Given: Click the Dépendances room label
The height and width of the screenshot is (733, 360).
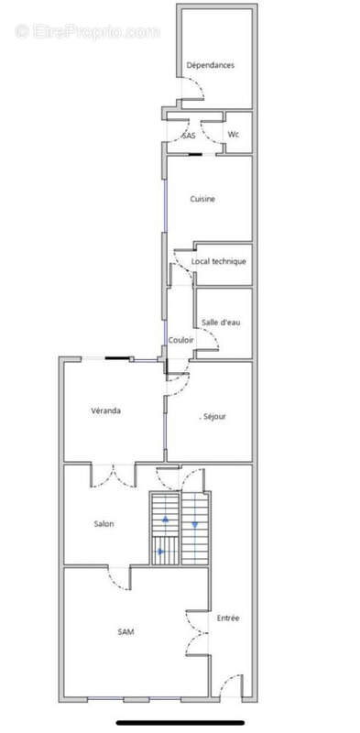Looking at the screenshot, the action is point(211,65).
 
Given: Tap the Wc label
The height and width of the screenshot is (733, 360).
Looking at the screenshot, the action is point(234,134).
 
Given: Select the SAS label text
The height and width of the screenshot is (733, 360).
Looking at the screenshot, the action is point(189,136).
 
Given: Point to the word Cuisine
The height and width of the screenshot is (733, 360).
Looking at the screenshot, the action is point(202,199).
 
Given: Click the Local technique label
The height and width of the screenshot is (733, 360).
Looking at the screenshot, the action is point(218,261).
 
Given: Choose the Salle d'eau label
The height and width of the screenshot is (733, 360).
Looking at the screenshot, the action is point(221,323).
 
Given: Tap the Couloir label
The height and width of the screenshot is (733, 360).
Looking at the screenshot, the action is point(181,340).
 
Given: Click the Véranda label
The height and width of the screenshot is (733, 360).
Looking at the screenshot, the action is point(105,410).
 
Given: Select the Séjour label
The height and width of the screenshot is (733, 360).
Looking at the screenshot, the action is point(214,416).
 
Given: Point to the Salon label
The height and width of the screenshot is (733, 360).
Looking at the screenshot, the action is point(104,523).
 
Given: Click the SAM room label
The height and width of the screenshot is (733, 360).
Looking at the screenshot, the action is point(125,631).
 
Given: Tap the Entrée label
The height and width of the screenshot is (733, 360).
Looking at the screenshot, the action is point(228,618).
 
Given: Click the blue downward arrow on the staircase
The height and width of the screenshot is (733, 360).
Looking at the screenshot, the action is point(194,525).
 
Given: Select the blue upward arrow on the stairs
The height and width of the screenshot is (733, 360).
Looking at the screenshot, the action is point(165,519).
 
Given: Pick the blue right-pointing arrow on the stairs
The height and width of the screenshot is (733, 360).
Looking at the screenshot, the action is point(161,552).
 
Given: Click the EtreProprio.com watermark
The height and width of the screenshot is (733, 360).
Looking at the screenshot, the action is point(87,32).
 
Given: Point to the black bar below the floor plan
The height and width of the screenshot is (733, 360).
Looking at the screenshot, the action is point(180,723).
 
